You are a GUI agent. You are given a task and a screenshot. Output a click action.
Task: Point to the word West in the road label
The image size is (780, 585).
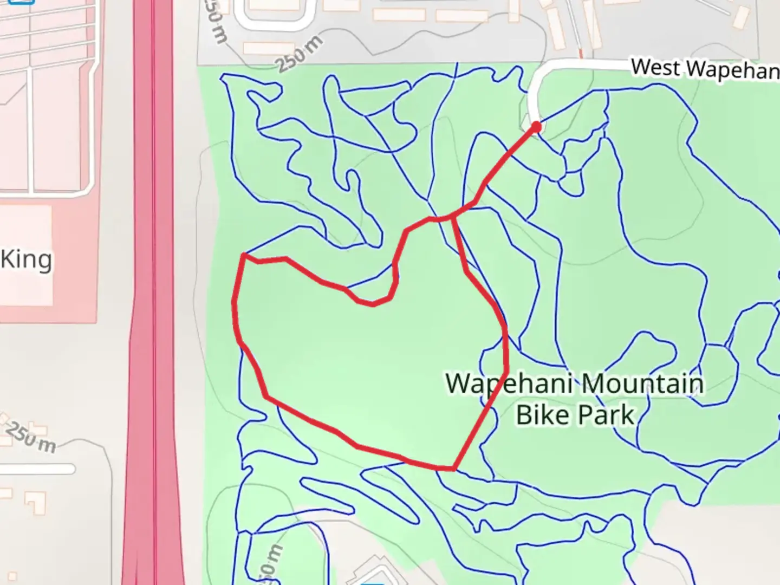pyautogui.click(x=655, y=68)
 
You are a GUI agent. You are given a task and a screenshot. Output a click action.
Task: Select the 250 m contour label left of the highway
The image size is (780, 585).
pyautogui.click(x=31, y=437)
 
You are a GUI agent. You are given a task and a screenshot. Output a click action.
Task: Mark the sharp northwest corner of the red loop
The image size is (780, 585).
pyautogui.click(x=245, y=255)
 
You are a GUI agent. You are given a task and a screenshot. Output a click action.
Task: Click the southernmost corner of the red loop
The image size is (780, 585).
pyautogui.click(x=453, y=469)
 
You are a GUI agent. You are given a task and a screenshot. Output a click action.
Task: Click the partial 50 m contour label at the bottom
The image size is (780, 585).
pyautogui.click(x=274, y=563)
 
